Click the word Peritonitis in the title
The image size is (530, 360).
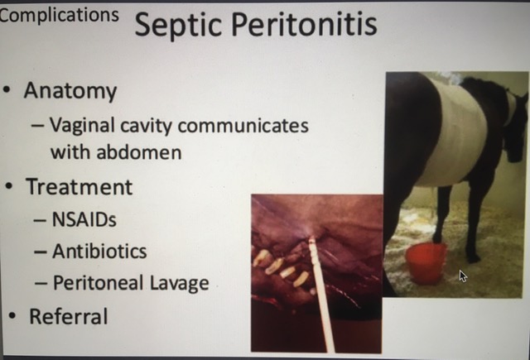point(305,23)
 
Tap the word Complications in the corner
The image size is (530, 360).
point(60,16)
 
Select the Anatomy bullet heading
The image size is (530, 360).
point(70,91)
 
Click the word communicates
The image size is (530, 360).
point(243,126)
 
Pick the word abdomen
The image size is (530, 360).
point(139,152)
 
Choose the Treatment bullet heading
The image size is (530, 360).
point(79,187)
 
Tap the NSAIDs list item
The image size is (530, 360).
point(84,219)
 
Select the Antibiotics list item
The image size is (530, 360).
point(99,252)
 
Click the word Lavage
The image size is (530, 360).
point(180,283)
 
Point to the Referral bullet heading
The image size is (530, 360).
point(69,316)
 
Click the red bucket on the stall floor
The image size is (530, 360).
point(426,263)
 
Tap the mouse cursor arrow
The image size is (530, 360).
point(463,276)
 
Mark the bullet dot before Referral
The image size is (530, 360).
point(12,316)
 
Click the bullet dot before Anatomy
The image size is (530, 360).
point(7,90)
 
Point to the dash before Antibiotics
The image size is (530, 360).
point(41,252)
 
